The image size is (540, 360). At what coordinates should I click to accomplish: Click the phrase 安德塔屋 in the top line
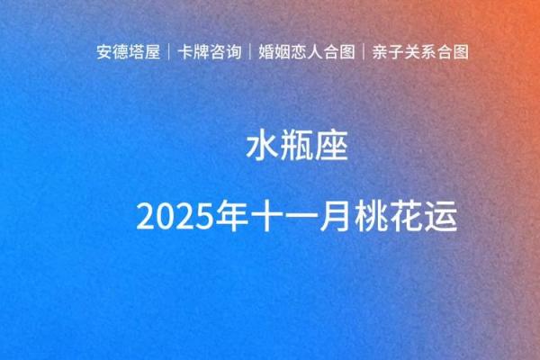[128, 51]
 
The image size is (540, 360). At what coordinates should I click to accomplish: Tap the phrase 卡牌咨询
[207, 51]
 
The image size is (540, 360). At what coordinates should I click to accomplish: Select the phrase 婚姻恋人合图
[306, 51]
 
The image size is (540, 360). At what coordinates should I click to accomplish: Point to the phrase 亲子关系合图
[420, 51]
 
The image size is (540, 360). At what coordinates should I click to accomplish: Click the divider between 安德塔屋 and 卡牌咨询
[167, 51]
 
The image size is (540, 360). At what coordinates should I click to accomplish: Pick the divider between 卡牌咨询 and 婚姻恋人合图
[248, 51]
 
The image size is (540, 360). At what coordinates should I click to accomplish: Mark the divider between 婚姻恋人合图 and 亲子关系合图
[364, 51]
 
